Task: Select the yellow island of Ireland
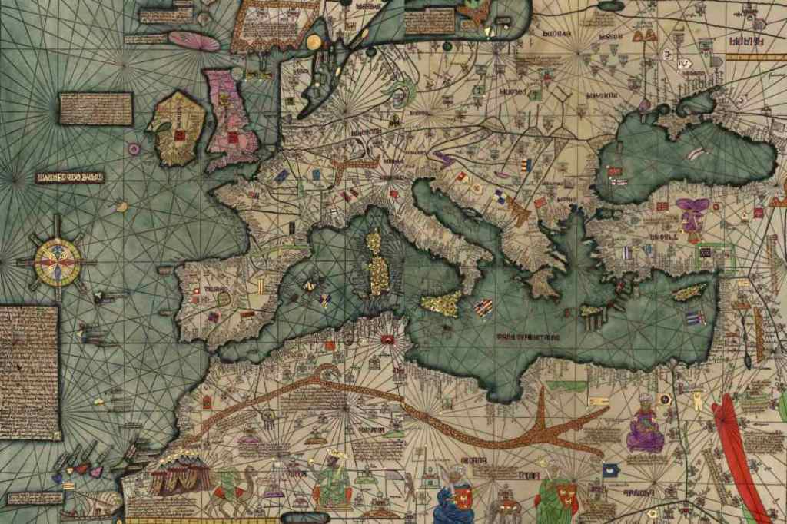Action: coord(177,128)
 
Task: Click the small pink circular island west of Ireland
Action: coord(134,148)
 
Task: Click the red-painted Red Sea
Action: coord(738,461)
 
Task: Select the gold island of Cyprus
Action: coord(689,291)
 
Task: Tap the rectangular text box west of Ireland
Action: coord(96,108)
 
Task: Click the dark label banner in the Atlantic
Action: coord(70,177)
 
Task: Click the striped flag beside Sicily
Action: coord(483,307)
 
